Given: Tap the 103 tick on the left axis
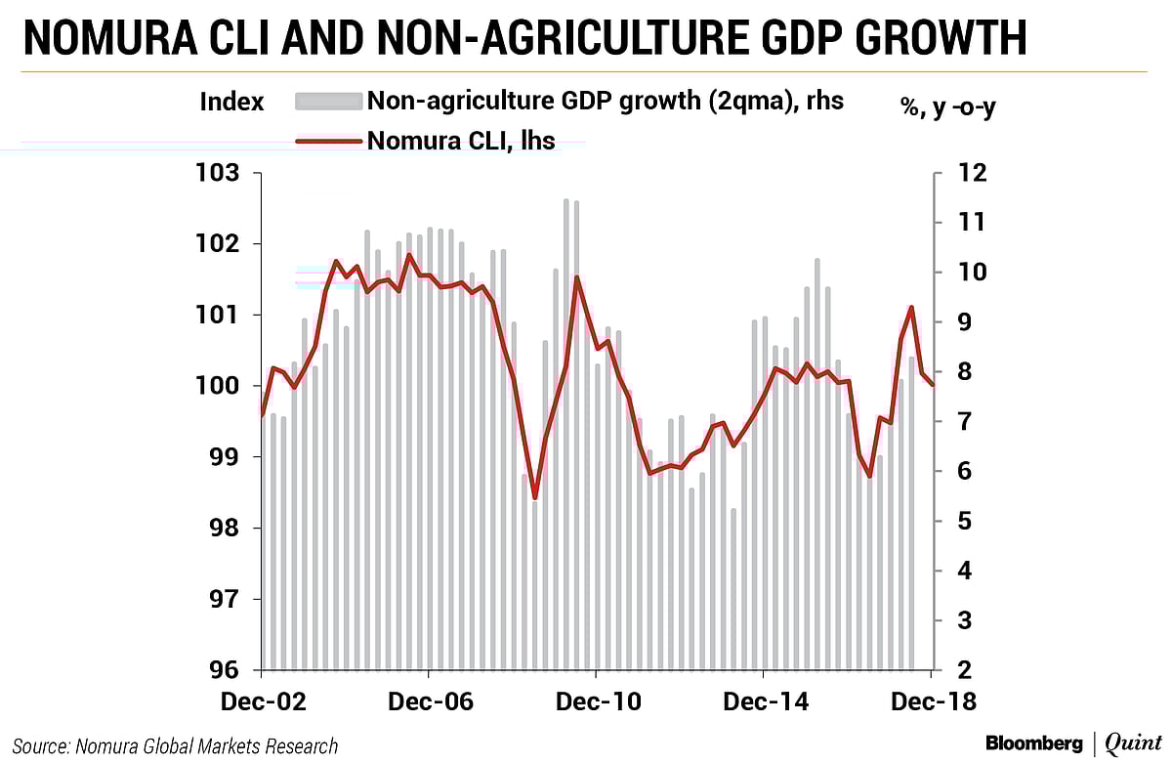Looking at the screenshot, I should tap(218, 174).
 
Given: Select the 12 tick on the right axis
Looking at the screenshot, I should tap(961, 174).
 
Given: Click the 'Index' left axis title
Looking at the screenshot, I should tap(231, 101).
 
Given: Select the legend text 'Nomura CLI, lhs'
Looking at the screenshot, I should tap(461, 141).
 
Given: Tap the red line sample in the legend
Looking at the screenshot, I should tap(329, 142).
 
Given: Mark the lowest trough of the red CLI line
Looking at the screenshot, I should tap(535, 497).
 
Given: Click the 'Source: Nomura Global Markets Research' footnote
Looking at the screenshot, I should tap(176, 746).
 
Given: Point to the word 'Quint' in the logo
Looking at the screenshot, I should tap(1132, 743).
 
